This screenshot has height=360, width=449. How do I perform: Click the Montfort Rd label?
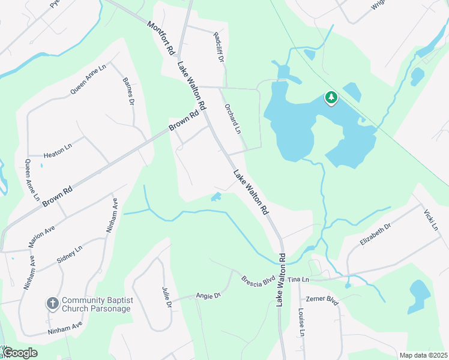tap(160, 39)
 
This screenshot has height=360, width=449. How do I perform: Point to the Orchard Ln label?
tap(232, 119)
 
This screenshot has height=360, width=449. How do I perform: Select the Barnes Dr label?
tap(127, 91)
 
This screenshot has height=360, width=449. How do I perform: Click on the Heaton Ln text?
tap(58, 148)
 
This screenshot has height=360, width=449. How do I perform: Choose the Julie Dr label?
tap(166, 297)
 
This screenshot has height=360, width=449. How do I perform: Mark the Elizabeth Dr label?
tap(375, 234)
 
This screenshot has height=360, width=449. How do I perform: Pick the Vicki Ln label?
tap(431, 220)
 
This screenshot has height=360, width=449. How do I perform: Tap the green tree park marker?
tap(330, 98)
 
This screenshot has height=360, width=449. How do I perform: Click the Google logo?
tap(19, 353)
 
